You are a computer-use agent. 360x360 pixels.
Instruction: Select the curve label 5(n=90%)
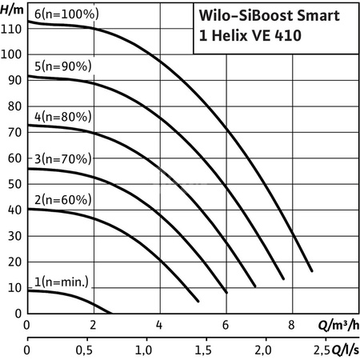pyautogui.click(x=59, y=66)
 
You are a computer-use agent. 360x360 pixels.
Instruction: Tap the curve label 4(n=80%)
pyautogui.click(x=59, y=116)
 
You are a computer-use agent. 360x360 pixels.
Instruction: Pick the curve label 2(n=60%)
pyautogui.click(x=59, y=199)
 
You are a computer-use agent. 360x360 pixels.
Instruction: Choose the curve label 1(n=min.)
pyautogui.click(x=59, y=282)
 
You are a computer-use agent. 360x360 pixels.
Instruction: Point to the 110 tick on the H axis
pyautogui.click(x=12, y=29)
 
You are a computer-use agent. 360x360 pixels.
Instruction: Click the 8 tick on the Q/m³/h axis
pyautogui.click(x=292, y=326)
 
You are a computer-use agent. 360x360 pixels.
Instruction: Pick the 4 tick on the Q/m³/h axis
pyautogui.click(x=159, y=326)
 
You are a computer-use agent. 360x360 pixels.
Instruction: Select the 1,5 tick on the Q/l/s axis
pyautogui.click(x=203, y=350)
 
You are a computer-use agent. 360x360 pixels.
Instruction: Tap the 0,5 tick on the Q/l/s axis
pyautogui.click(x=86, y=350)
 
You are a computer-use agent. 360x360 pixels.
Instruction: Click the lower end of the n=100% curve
pyautogui.click(x=311, y=270)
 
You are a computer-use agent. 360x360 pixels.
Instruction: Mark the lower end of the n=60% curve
pyautogui.click(x=198, y=301)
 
